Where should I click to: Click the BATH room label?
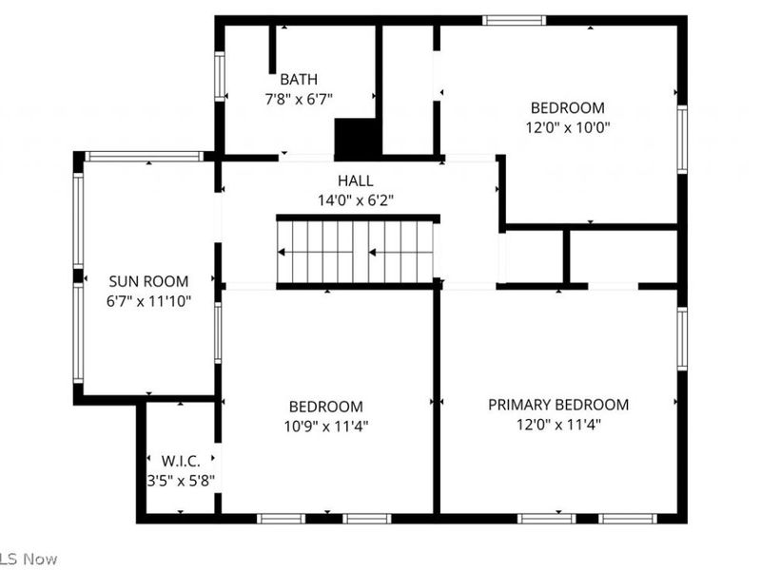299,80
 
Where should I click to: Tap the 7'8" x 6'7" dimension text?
299,98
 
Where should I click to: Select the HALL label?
355,180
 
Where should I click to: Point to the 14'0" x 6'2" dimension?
355,200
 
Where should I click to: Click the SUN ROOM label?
148,281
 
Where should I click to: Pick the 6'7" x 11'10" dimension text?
148,301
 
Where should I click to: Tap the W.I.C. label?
181,461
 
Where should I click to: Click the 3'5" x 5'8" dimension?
181,481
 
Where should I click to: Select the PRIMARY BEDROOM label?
558,405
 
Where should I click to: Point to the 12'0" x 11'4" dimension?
558,425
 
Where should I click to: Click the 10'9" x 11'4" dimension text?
326,426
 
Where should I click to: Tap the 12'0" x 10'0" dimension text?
567,126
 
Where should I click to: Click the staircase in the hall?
358,252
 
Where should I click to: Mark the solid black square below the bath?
358,138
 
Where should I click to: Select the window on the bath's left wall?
220,76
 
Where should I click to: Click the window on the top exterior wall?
514,20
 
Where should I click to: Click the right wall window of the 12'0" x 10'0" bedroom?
682,139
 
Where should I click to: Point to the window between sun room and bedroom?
218,332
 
